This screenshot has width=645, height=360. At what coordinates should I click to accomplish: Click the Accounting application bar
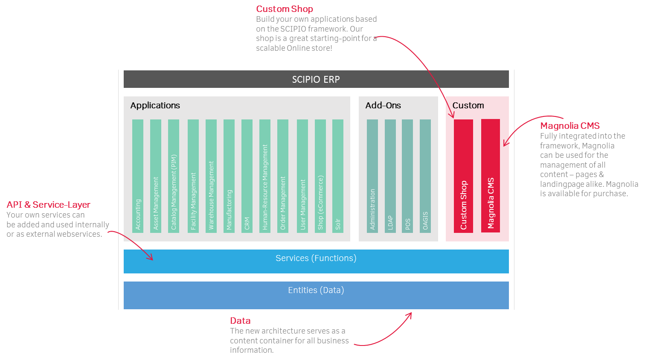tap(138, 176)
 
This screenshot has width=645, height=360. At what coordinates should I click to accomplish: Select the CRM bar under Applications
tap(247, 176)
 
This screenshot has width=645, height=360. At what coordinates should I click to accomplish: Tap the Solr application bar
tap(338, 176)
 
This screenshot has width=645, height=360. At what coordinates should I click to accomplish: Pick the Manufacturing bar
tap(229, 176)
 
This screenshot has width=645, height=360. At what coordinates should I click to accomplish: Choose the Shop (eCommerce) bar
tap(320, 176)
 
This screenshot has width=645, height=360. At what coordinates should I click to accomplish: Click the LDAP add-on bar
tap(390, 176)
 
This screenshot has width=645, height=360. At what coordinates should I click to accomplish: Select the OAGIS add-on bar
tap(425, 176)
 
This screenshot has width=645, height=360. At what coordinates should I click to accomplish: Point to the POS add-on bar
tap(407, 176)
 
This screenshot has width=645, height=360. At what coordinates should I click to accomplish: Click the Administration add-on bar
tap(372, 176)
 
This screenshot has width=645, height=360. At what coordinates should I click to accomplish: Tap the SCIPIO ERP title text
tap(316, 79)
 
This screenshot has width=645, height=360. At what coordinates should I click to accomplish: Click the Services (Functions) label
tap(316, 258)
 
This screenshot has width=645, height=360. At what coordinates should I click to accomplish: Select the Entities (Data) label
tap(316, 290)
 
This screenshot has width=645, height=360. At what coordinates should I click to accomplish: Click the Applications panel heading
tap(155, 105)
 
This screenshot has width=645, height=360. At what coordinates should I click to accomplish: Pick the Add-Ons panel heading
tap(383, 105)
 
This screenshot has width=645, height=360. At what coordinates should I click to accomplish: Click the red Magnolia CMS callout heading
tap(570, 126)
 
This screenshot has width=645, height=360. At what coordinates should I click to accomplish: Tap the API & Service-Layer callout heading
tap(49, 205)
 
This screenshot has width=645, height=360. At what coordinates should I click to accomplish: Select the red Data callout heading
tap(240, 321)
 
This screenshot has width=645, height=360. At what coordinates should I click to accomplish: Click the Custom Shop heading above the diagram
tap(285, 9)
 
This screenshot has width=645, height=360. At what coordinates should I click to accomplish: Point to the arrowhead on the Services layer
tap(150, 257)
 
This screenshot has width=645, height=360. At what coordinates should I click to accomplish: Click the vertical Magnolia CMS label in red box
tap(491, 203)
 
